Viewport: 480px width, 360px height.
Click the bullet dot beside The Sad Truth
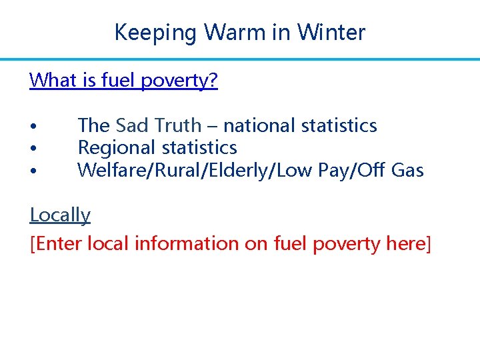pos(32,127)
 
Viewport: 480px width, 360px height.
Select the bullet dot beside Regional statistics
pos(32,149)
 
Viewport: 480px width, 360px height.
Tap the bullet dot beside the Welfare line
pos(32,171)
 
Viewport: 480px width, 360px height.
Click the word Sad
pos(132,125)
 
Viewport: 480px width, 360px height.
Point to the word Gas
pos(407,170)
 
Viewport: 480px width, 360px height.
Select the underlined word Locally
pos(60,215)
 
